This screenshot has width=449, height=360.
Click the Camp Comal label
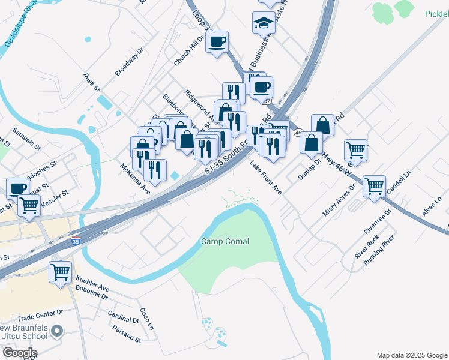point(225,242)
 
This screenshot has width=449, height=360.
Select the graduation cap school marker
point(264,23)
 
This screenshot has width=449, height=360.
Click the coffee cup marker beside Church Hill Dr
point(217,43)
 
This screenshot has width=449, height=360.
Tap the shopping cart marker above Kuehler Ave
point(60,272)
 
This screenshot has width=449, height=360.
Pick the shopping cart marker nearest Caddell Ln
point(374,187)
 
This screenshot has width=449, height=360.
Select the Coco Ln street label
point(147,319)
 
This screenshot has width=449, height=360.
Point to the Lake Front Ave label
point(266,178)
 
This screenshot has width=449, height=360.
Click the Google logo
point(20,352)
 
